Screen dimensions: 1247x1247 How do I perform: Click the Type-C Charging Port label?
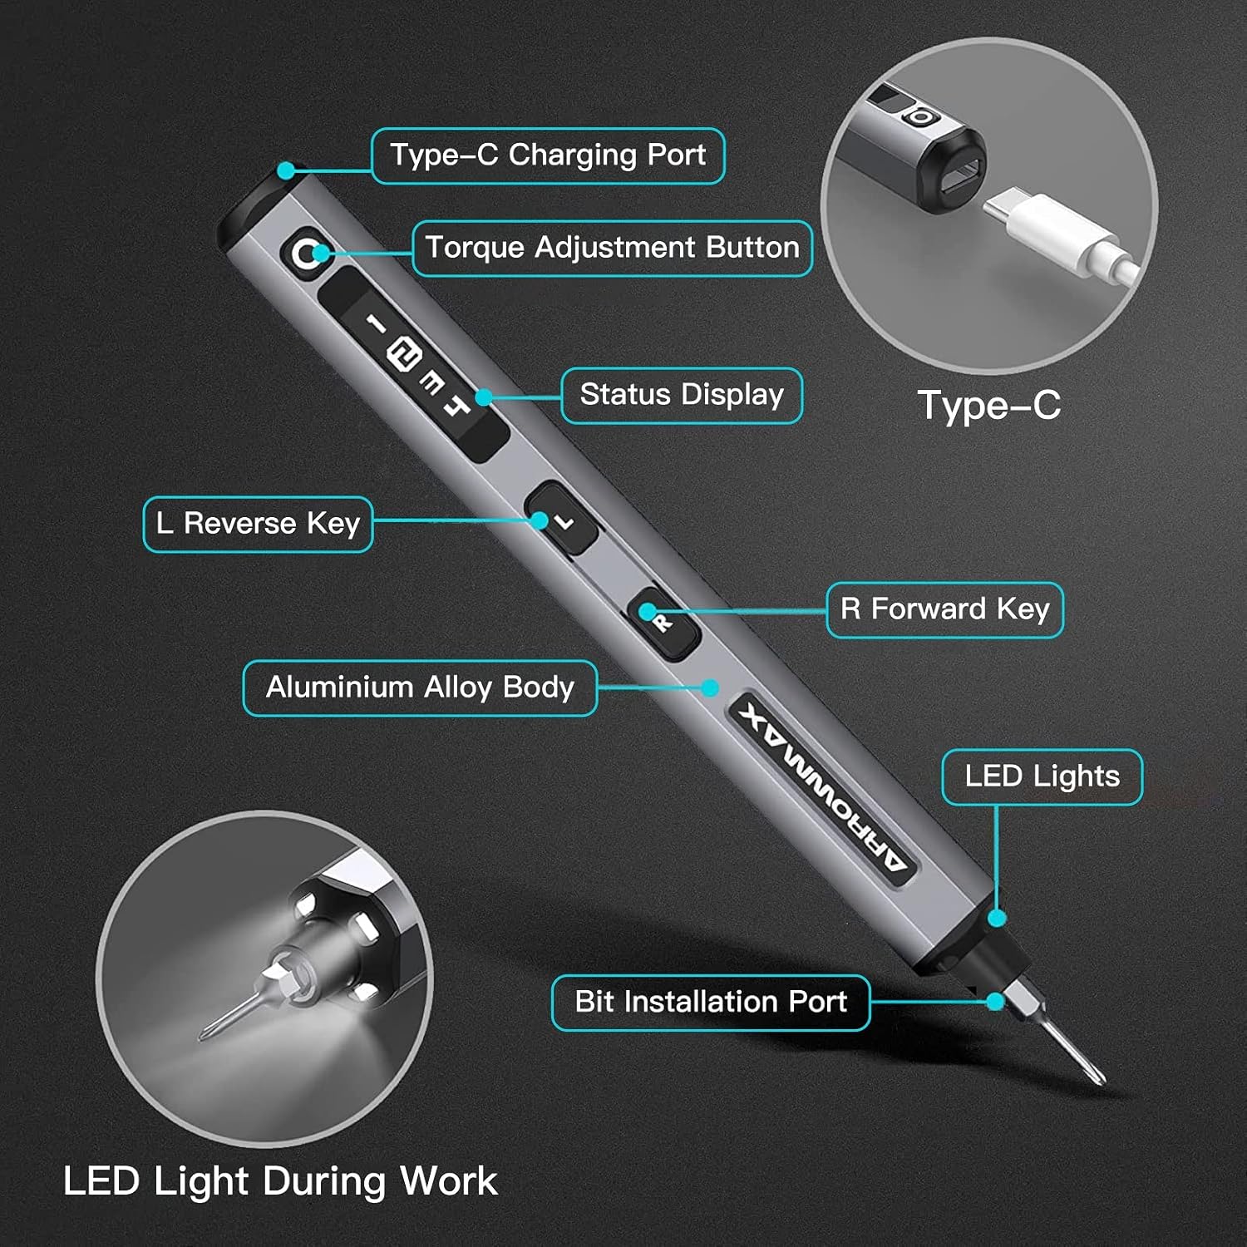tap(548, 155)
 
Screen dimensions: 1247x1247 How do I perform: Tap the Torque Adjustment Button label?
tap(612, 248)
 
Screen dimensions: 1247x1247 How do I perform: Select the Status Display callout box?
tap(682, 395)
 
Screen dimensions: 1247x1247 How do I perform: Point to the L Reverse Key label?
tap(258, 524)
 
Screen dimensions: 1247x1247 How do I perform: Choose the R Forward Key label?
tap(944, 609)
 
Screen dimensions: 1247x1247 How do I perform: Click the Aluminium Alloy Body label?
tap(420, 688)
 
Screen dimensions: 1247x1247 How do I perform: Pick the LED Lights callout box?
tap(1042, 776)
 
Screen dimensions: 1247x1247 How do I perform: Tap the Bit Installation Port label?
tap(711, 1002)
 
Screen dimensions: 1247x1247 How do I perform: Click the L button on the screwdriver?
tap(563, 521)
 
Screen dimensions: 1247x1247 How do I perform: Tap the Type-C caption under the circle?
tap(989, 406)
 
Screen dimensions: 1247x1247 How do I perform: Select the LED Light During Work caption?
tap(280, 1181)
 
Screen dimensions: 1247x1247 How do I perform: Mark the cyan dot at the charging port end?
tap(286, 170)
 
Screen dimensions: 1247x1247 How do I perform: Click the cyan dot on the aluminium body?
tap(709, 688)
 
